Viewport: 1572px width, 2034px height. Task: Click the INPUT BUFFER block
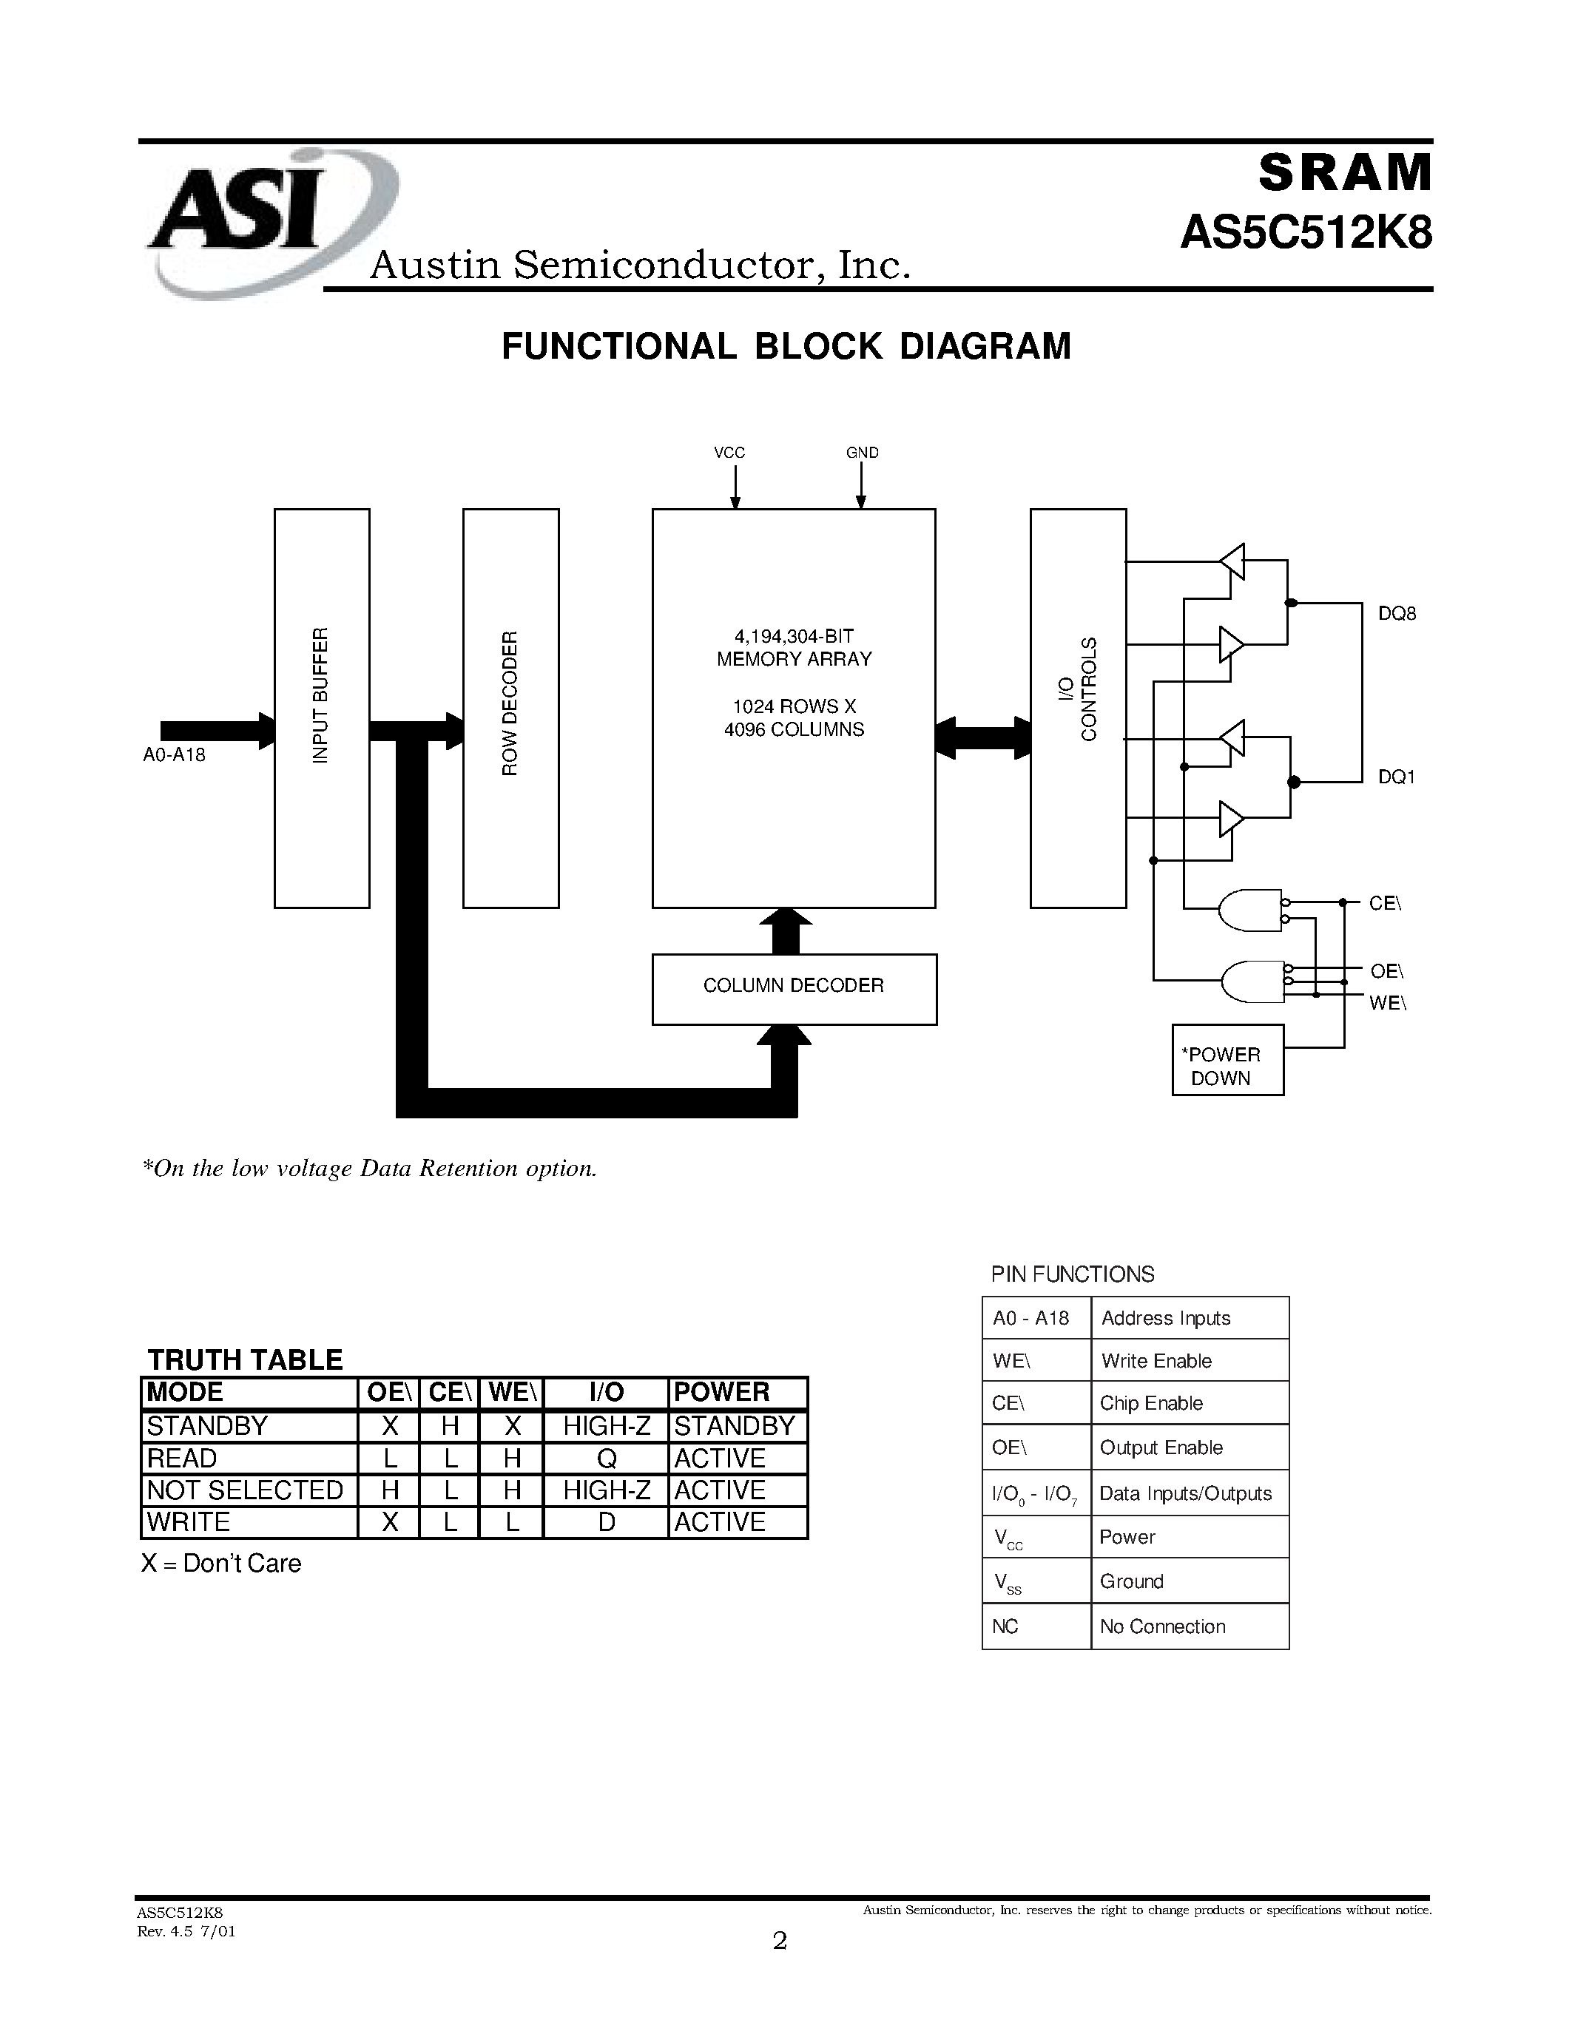coord(321,708)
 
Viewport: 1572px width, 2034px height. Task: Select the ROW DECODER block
coord(510,708)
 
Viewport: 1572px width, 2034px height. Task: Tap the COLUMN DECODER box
coord(794,988)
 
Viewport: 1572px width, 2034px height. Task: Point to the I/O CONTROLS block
coord(1078,708)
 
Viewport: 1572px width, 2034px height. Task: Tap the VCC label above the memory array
coord(729,453)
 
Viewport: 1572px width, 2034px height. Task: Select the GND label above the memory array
coord(861,453)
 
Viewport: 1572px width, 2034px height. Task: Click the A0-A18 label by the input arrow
coord(174,754)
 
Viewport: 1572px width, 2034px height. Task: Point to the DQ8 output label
coord(1396,614)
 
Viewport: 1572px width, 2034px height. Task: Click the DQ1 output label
coord(1395,777)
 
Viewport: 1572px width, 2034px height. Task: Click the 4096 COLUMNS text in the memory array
coord(794,729)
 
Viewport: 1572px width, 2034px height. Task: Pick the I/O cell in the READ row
coord(607,1458)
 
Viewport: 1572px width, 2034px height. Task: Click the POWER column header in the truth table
coord(722,1391)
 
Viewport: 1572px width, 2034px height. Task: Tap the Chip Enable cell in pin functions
coord(1151,1402)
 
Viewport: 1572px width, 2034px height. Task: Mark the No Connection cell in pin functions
coord(1161,1626)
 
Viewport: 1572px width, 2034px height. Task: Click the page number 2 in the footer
coord(780,1940)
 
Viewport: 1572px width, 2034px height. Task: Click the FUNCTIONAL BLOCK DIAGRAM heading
coord(786,346)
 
